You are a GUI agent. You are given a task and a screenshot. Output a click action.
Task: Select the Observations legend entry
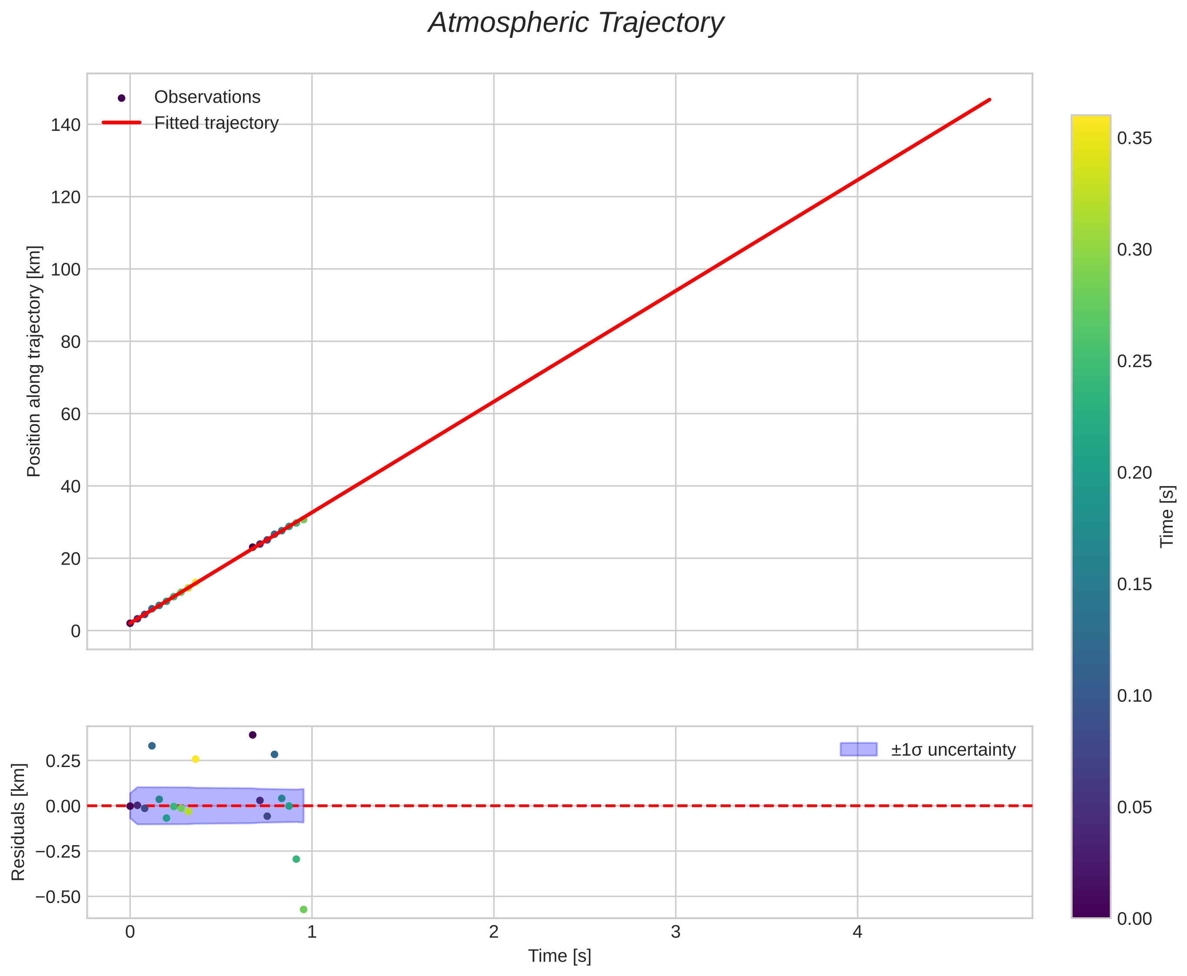pos(207,97)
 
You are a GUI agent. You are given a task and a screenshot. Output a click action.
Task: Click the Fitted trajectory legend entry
pos(216,123)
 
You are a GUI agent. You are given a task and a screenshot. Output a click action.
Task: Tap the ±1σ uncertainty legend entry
pos(953,750)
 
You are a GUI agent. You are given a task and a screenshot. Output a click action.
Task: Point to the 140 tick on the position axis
pos(65,125)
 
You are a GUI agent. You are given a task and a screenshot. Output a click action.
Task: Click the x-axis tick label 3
pos(675,933)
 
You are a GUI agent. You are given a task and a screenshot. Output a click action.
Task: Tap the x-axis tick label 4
pos(857,933)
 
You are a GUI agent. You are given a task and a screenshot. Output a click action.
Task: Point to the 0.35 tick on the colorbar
pos(1134,138)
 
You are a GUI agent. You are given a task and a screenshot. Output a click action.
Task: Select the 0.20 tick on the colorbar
pos(1134,473)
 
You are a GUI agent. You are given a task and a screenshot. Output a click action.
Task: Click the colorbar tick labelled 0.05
pos(1134,807)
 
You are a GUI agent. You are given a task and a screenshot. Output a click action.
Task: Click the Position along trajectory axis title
pos(34,361)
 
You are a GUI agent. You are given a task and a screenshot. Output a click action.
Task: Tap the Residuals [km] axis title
pos(19,822)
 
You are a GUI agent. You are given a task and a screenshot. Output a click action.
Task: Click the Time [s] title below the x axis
pos(559,956)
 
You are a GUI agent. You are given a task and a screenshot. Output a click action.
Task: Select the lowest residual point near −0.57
pos(304,910)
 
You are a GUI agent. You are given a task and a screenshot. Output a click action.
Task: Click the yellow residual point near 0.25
pos(196,759)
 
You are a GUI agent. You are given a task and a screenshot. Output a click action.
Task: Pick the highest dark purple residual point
pos(253,735)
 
